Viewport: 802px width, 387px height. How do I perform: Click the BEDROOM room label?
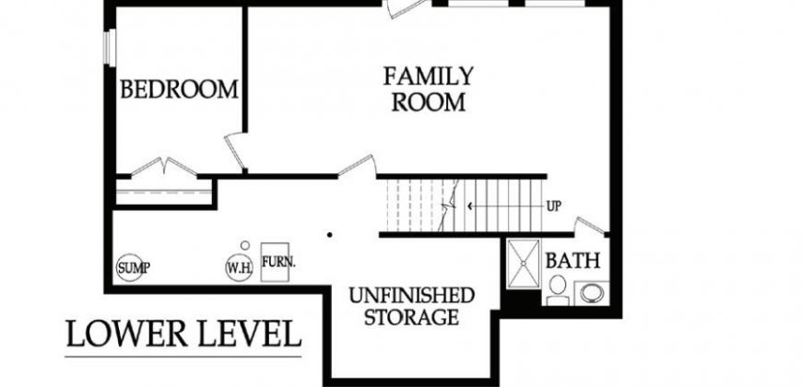tap(179, 89)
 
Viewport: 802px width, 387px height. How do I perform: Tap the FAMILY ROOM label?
tap(429, 89)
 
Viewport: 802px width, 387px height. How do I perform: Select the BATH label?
tap(572, 261)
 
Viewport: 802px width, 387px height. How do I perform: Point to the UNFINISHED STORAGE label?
tap(412, 306)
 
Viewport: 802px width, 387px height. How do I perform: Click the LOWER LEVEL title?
tap(183, 334)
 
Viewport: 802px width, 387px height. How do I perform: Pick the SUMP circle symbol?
tap(129, 267)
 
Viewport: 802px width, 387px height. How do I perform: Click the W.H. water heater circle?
tap(240, 267)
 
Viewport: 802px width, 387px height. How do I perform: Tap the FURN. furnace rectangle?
tap(275, 262)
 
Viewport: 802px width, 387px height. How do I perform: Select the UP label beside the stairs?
tap(554, 206)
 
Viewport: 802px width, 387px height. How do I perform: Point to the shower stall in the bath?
tap(524, 264)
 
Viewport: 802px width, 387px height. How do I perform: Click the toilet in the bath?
tap(558, 290)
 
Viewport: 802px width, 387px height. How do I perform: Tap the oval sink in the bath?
tap(592, 293)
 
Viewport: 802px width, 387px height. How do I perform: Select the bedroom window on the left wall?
tap(110, 48)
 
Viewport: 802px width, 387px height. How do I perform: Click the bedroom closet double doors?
tap(164, 167)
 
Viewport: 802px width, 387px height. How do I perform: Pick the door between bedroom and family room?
tap(234, 151)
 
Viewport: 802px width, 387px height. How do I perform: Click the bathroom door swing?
tap(590, 226)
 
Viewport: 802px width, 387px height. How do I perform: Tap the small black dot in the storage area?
tap(330, 235)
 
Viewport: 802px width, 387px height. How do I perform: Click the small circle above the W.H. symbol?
tap(245, 245)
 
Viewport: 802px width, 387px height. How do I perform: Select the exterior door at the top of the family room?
tap(407, 8)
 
